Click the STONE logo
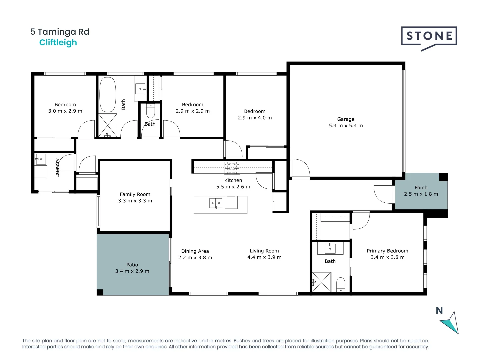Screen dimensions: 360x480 pos(429,36)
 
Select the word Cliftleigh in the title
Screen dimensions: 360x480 pos(58,43)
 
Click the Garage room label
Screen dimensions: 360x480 pos(346,119)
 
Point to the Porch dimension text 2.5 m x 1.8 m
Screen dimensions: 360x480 pos(421,194)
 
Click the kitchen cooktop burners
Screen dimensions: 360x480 pos(232,168)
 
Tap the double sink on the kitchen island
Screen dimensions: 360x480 pos(216,203)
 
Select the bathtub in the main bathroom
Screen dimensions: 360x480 pos(108,95)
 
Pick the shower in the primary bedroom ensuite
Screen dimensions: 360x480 pos(322,282)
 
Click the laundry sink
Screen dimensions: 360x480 pos(41,159)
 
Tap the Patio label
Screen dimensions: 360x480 pos(132,265)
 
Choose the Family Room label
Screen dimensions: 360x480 pos(135,194)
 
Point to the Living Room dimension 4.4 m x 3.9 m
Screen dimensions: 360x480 pos(264,257)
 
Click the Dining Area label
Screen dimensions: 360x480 pos(195,251)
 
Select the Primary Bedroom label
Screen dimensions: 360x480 pos(387,251)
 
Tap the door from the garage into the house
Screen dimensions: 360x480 pos(300,169)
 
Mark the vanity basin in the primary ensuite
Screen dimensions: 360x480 pos(330,248)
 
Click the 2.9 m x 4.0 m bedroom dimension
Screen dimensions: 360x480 pos(255,118)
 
